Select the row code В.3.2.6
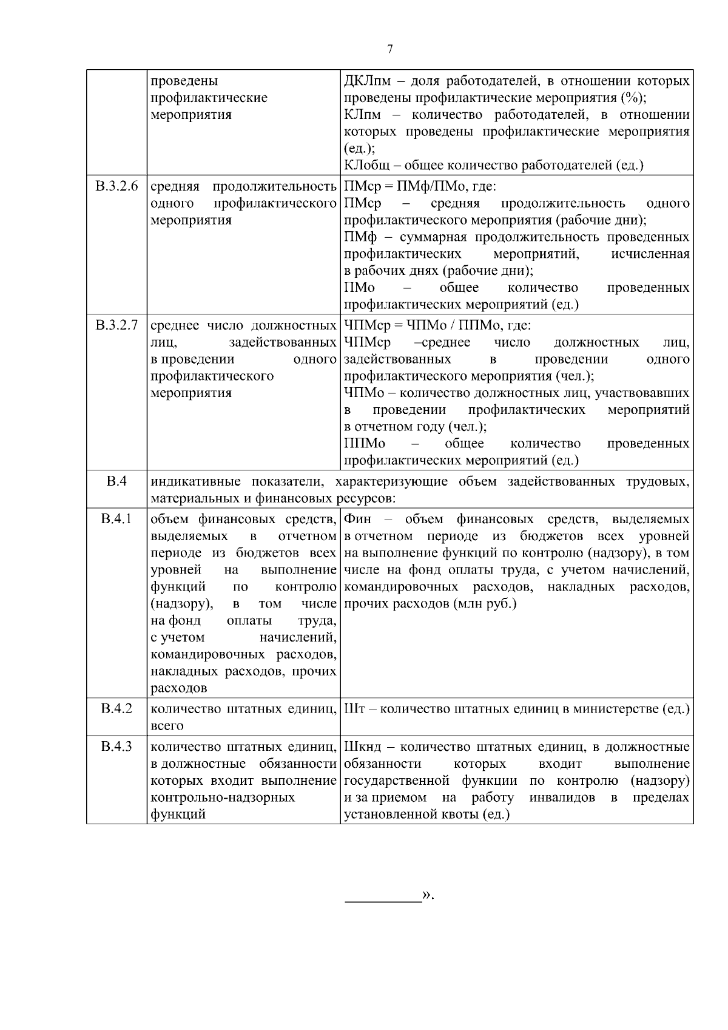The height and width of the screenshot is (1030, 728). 116,186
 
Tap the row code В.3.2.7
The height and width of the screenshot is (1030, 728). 116,325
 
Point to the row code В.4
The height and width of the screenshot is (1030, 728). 116,481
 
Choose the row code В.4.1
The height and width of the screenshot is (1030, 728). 116,520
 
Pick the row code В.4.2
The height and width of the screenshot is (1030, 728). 116,708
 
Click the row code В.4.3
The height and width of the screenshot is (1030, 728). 116,746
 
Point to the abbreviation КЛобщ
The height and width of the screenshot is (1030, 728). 366,165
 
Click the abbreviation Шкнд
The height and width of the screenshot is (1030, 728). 363,747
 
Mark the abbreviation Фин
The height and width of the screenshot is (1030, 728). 358,520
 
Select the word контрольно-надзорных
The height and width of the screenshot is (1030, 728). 223,798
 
